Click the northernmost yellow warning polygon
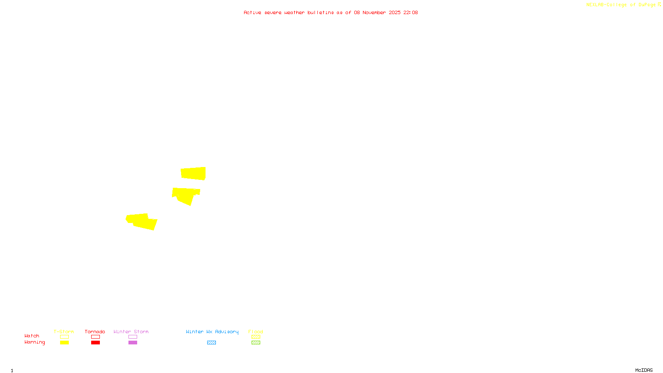pos(194,173)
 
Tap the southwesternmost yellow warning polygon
pos(141,221)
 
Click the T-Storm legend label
pos(64,332)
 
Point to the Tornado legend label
pos(95,332)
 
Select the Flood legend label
pos(256,332)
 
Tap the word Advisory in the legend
pos(227,332)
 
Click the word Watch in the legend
pos(32,336)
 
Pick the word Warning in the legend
pos(35,342)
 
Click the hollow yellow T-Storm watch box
pos(64,337)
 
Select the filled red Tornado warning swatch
pos(95,343)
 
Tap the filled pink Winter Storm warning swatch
pos(133,343)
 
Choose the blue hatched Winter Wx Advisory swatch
pos(211,343)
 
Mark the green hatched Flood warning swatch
pos(256,343)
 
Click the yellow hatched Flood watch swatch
pos(256,337)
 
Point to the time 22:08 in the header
pos(411,12)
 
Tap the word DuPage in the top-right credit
pos(647,5)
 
